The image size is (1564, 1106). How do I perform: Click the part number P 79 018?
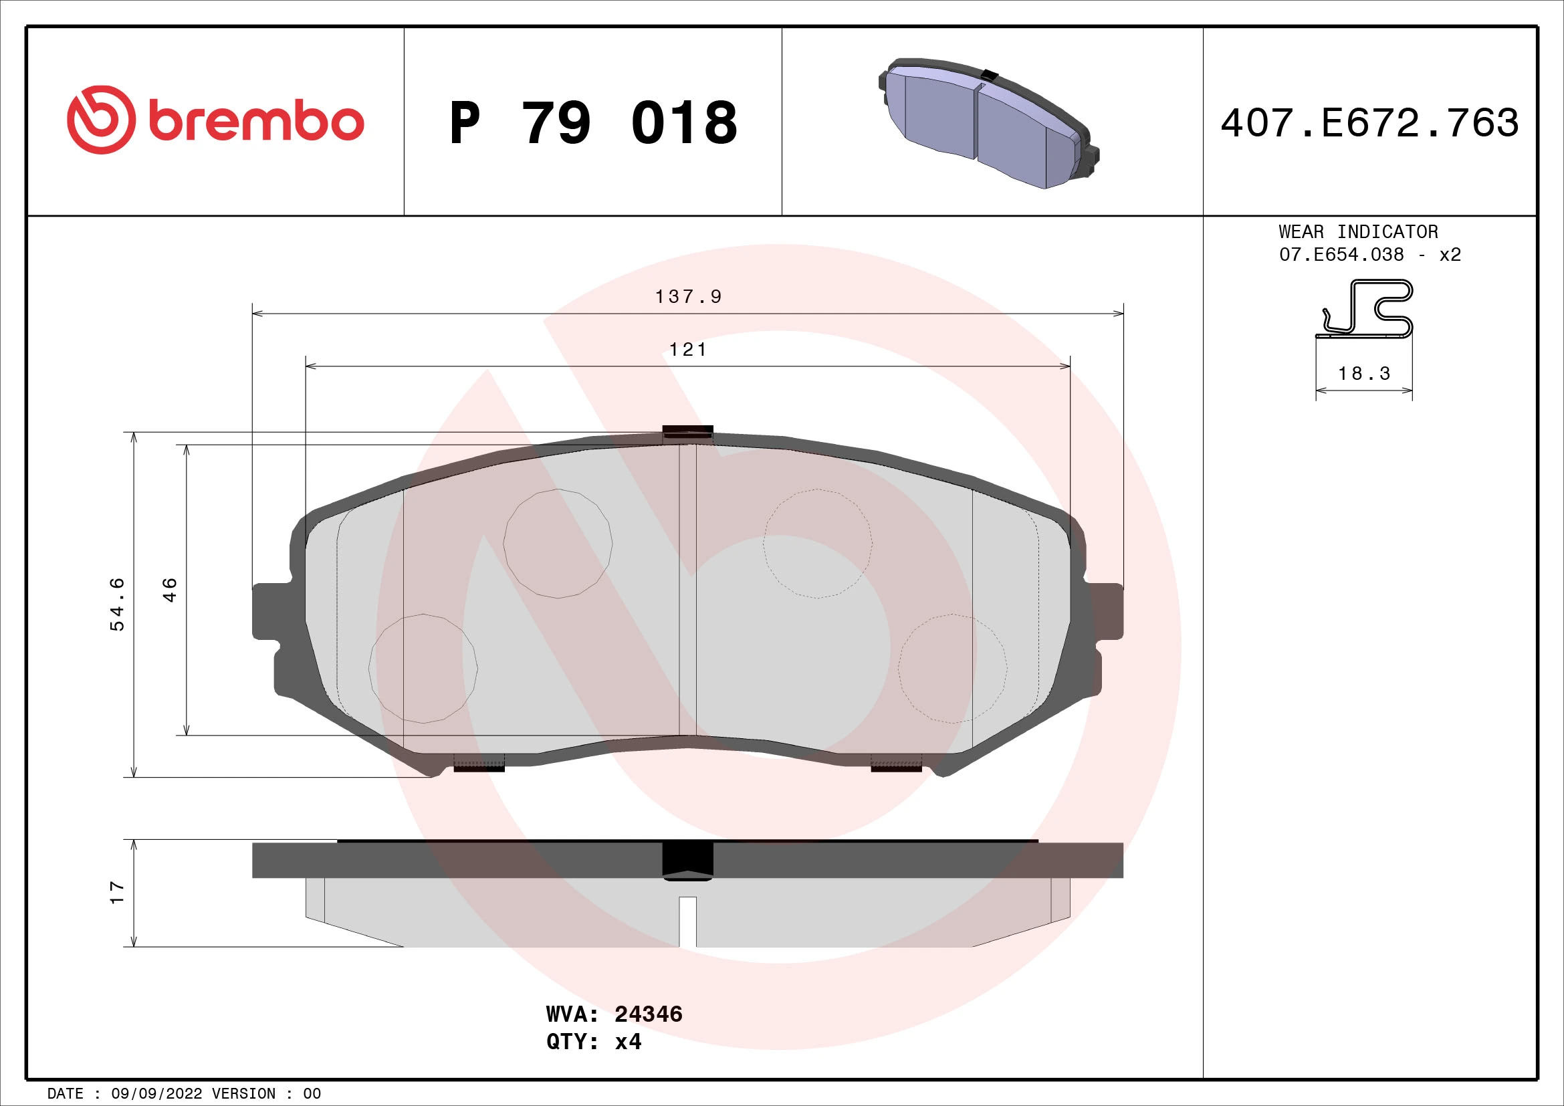pos(592,123)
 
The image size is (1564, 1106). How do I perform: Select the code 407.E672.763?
pos(1369,123)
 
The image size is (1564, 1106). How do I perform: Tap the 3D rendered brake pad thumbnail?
pos(988,122)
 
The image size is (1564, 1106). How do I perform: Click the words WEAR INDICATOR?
pos(1358,231)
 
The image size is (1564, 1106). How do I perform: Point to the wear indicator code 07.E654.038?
pos(1341,255)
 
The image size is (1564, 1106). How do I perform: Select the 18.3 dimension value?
pos(1363,373)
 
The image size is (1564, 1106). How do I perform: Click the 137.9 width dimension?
pos(687,296)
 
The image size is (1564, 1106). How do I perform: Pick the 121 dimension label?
pos(687,349)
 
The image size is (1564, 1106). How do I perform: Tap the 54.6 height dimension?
pos(117,604)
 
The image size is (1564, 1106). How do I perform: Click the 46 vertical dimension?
pos(170,590)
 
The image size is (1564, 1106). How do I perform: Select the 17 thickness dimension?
pos(117,892)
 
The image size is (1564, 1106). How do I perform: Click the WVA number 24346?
pos(648,1014)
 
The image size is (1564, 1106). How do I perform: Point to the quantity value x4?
pos(628,1042)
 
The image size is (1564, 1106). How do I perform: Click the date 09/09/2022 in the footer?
pos(156,1093)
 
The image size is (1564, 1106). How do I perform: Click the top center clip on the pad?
pos(687,433)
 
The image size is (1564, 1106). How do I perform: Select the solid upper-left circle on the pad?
pos(557,544)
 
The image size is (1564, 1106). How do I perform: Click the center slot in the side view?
pos(687,921)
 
